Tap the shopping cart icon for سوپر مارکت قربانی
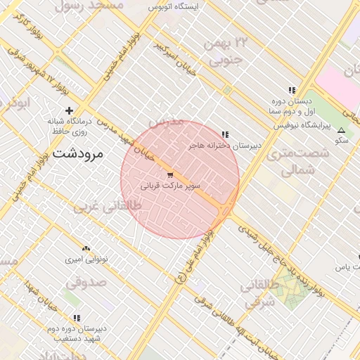(170, 174)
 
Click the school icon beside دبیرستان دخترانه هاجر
(225, 134)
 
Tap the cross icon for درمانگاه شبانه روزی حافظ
(69, 110)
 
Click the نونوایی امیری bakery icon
(86, 249)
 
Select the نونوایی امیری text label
(86, 259)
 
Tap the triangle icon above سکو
(342, 131)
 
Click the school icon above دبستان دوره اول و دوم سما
(292, 90)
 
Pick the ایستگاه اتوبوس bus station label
(174, 6)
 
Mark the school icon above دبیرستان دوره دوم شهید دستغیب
(76, 318)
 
